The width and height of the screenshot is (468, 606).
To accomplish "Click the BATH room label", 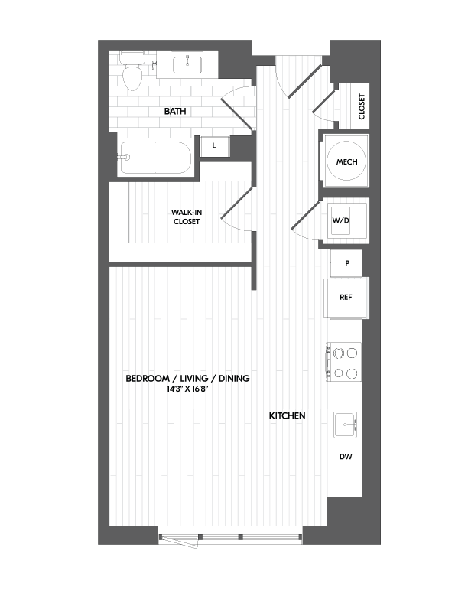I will pyautogui.click(x=176, y=112).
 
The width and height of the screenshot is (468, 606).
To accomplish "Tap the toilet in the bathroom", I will pyautogui.click(x=133, y=73).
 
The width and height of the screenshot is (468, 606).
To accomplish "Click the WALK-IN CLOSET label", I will pyautogui.click(x=186, y=217).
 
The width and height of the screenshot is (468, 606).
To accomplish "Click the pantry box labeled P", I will pyautogui.click(x=348, y=263).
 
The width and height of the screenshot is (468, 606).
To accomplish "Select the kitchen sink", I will pyautogui.click(x=346, y=425).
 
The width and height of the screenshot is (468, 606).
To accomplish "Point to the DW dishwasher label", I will pyautogui.click(x=346, y=457).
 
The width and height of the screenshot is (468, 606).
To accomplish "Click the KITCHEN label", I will pyautogui.click(x=287, y=415).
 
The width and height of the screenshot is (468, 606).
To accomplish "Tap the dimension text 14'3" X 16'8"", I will pyautogui.click(x=187, y=389).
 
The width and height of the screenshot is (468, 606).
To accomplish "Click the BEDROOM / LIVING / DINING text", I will pyautogui.click(x=187, y=379).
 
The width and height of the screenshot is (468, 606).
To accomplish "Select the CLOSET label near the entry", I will pyautogui.click(x=362, y=108).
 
